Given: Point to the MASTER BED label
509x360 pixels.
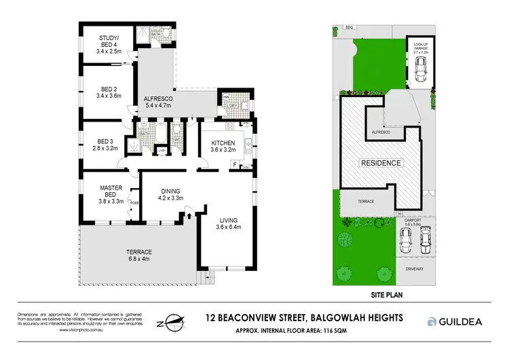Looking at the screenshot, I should [111, 192].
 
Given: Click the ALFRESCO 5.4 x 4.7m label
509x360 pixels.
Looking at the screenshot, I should [160, 103].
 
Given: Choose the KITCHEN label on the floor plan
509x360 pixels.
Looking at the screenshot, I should [223, 145].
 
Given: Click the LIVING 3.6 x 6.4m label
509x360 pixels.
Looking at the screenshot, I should [228, 223].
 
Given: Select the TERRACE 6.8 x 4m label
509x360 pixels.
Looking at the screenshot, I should [138, 255].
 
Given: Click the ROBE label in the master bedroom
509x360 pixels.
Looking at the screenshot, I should [134, 201].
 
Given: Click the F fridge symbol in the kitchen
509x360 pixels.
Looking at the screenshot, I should [235, 164].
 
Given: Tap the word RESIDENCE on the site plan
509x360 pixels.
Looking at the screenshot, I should [381, 163].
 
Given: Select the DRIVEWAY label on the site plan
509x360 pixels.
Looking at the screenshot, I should [414, 269].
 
